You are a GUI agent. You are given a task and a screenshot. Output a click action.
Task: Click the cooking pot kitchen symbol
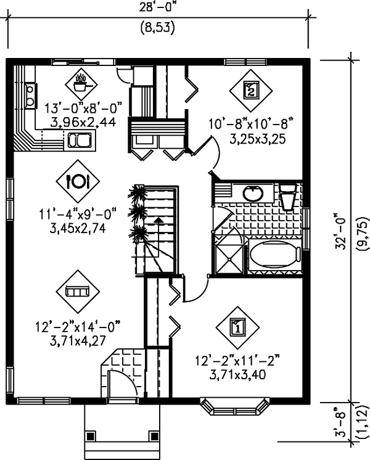click(x=81, y=84)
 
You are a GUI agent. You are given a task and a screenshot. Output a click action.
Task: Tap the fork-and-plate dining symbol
click(x=78, y=181)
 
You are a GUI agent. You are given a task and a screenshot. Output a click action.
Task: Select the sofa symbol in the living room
click(x=78, y=292)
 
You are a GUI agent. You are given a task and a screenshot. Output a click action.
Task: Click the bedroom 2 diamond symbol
click(x=251, y=91)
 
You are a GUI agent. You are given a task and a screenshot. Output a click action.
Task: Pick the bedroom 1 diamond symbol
click(x=237, y=327)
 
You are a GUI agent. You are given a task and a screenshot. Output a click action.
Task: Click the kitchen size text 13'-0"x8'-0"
click(x=83, y=108)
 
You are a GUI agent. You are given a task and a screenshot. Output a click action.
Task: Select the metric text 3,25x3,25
click(x=257, y=139)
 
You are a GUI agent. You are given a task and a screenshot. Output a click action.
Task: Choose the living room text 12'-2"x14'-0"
click(x=78, y=327)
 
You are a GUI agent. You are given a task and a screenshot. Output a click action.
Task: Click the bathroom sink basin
click(x=253, y=193)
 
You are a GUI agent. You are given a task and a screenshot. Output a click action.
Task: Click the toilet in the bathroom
click(x=287, y=197)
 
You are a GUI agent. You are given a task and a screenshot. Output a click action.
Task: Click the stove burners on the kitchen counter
click(x=30, y=96)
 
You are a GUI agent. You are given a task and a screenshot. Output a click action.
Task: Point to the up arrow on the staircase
click(x=158, y=223)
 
